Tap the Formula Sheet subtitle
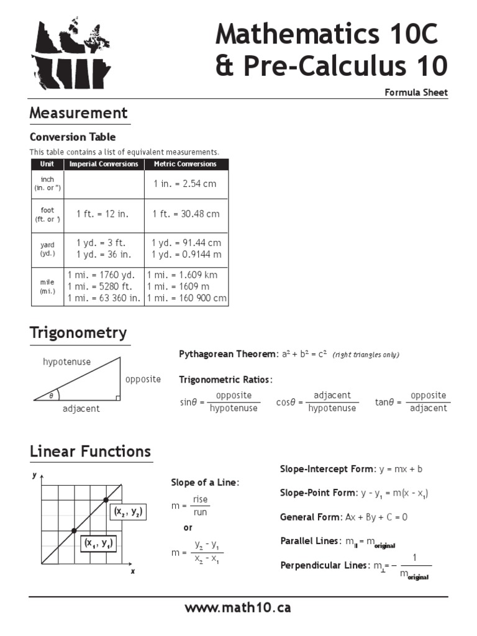[x=416, y=93]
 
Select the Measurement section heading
[x=79, y=113]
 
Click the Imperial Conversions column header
[x=104, y=164]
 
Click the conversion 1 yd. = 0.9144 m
[x=186, y=254]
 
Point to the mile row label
[x=48, y=286]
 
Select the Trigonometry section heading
[x=79, y=333]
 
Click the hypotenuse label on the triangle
[x=66, y=361]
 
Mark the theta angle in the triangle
[x=51, y=396]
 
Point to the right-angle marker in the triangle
[x=116, y=397]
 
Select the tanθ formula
[x=411, y=402]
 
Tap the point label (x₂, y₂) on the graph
[x=127, y=512]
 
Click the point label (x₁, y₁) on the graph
[x=99, y=543]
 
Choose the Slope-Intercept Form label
[x=327, y=469]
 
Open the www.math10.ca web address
[x=238, y=607]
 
